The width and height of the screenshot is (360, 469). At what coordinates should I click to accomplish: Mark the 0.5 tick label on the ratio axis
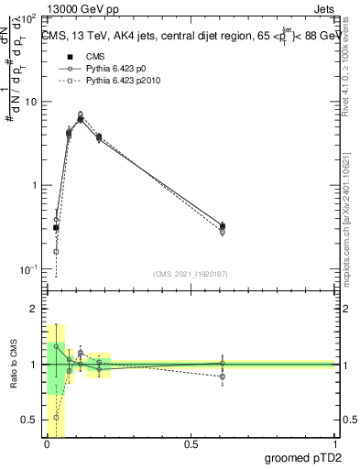coord(28,420)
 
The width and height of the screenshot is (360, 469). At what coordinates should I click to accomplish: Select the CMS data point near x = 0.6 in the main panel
coord(223,226)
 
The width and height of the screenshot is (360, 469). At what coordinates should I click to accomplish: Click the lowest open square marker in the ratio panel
coord(56,417)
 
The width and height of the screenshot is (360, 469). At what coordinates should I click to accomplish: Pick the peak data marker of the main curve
coord(81,118)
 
